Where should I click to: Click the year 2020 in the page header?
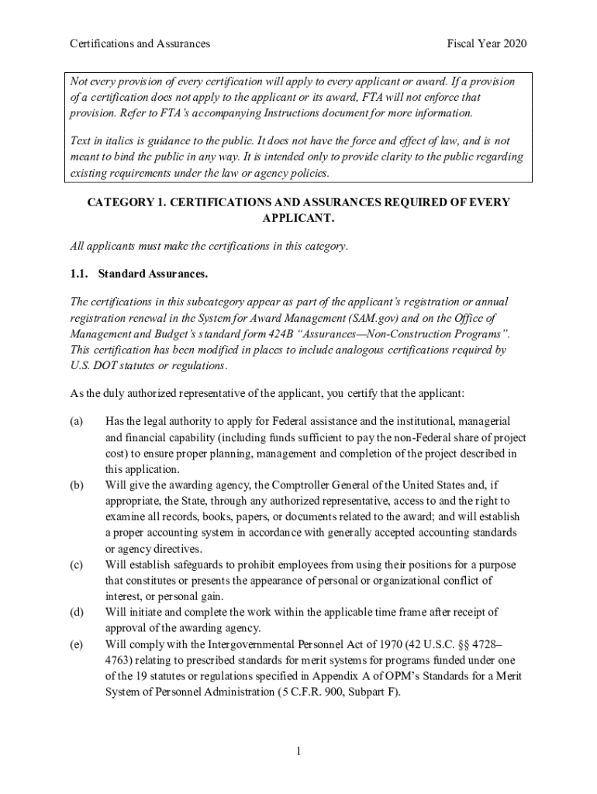[513, 43]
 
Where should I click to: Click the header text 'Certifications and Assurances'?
[140, 43]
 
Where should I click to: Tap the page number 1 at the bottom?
[298, 751]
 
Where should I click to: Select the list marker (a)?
[76, 421]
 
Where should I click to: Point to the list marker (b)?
[76, 485]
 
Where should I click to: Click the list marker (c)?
[76, 564]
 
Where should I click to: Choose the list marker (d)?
[76, 613]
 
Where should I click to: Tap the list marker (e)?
[76, 644]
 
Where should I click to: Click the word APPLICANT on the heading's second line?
[298, 218]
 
